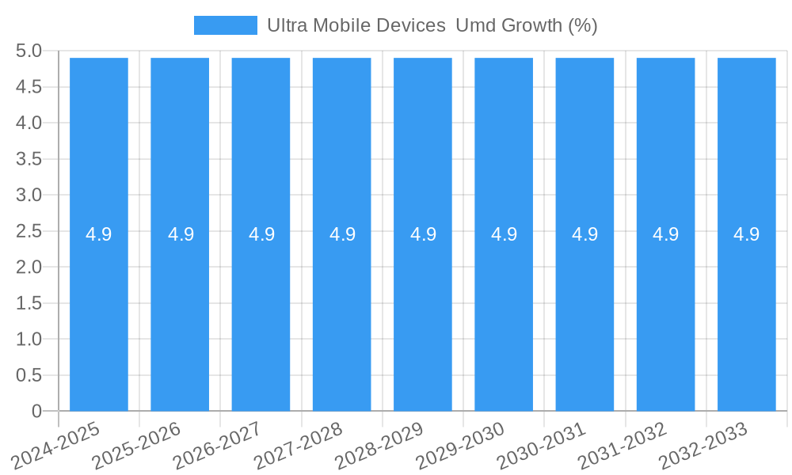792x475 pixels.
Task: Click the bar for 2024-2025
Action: click(x=99, y=317)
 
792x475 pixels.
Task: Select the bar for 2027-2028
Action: click(x=341, y=317)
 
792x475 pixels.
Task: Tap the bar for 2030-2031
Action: click(x=584, y=317)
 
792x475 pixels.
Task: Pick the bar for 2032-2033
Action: click(x=746, y=317)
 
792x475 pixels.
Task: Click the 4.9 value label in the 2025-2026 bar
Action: click(x=181, y=234)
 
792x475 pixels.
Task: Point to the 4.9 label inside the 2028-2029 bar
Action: click(x=423, y=234)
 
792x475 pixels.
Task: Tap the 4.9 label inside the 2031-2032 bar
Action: click(x=665, y=234)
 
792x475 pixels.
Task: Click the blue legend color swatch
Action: click(x=226, y=25)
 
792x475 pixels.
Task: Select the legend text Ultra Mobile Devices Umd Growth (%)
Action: click(x=432, y=25)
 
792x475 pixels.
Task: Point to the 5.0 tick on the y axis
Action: click(x=29, y=51)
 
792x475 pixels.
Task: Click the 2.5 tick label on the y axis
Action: click(x=29, y=231)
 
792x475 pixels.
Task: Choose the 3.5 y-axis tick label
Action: click(x=29, y=159)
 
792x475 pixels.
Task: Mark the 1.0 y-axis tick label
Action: click(x=29, y=339)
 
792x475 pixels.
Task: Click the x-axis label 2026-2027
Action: click(x=218, y=445)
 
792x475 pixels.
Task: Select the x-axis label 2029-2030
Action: click(x=460, y=445)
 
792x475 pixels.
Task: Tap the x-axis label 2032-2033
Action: click(x=703, y=445)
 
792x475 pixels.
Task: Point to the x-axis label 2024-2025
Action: click(x=56, y=445)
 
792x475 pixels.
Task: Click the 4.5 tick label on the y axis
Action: click(x=29, y=87)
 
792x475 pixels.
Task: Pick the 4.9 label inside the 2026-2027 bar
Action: click(x=261, y=234)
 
